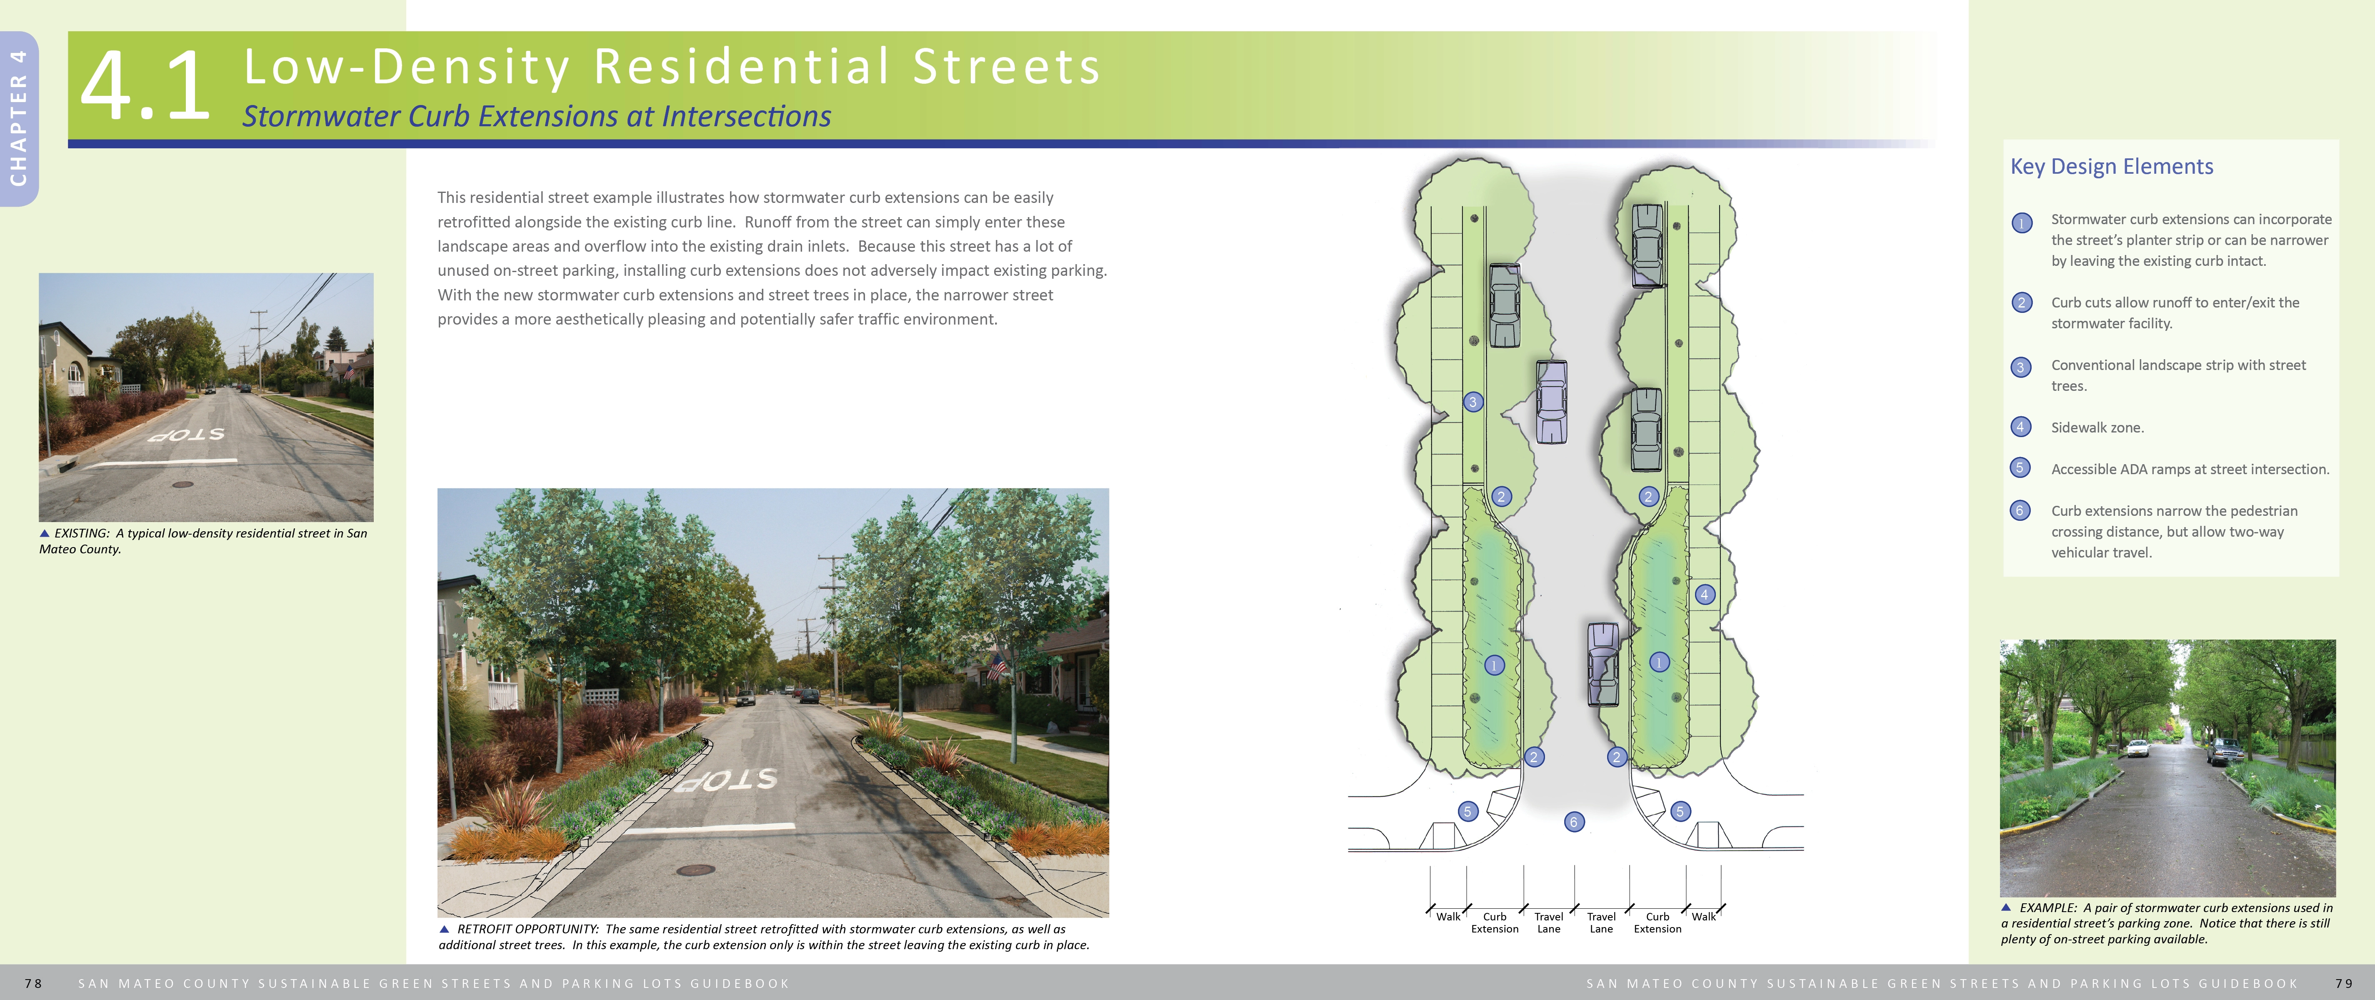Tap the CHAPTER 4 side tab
coord(18,118)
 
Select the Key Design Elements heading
coord(2111,167)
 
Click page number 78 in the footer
coord(33,983)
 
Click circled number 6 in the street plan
coord(1574,821)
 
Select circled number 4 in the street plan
coord(1705,595)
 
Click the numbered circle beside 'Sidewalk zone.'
coord(2020,427)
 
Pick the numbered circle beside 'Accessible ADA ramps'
coord(2020,468)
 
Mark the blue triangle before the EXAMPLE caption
coord(2006,907)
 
